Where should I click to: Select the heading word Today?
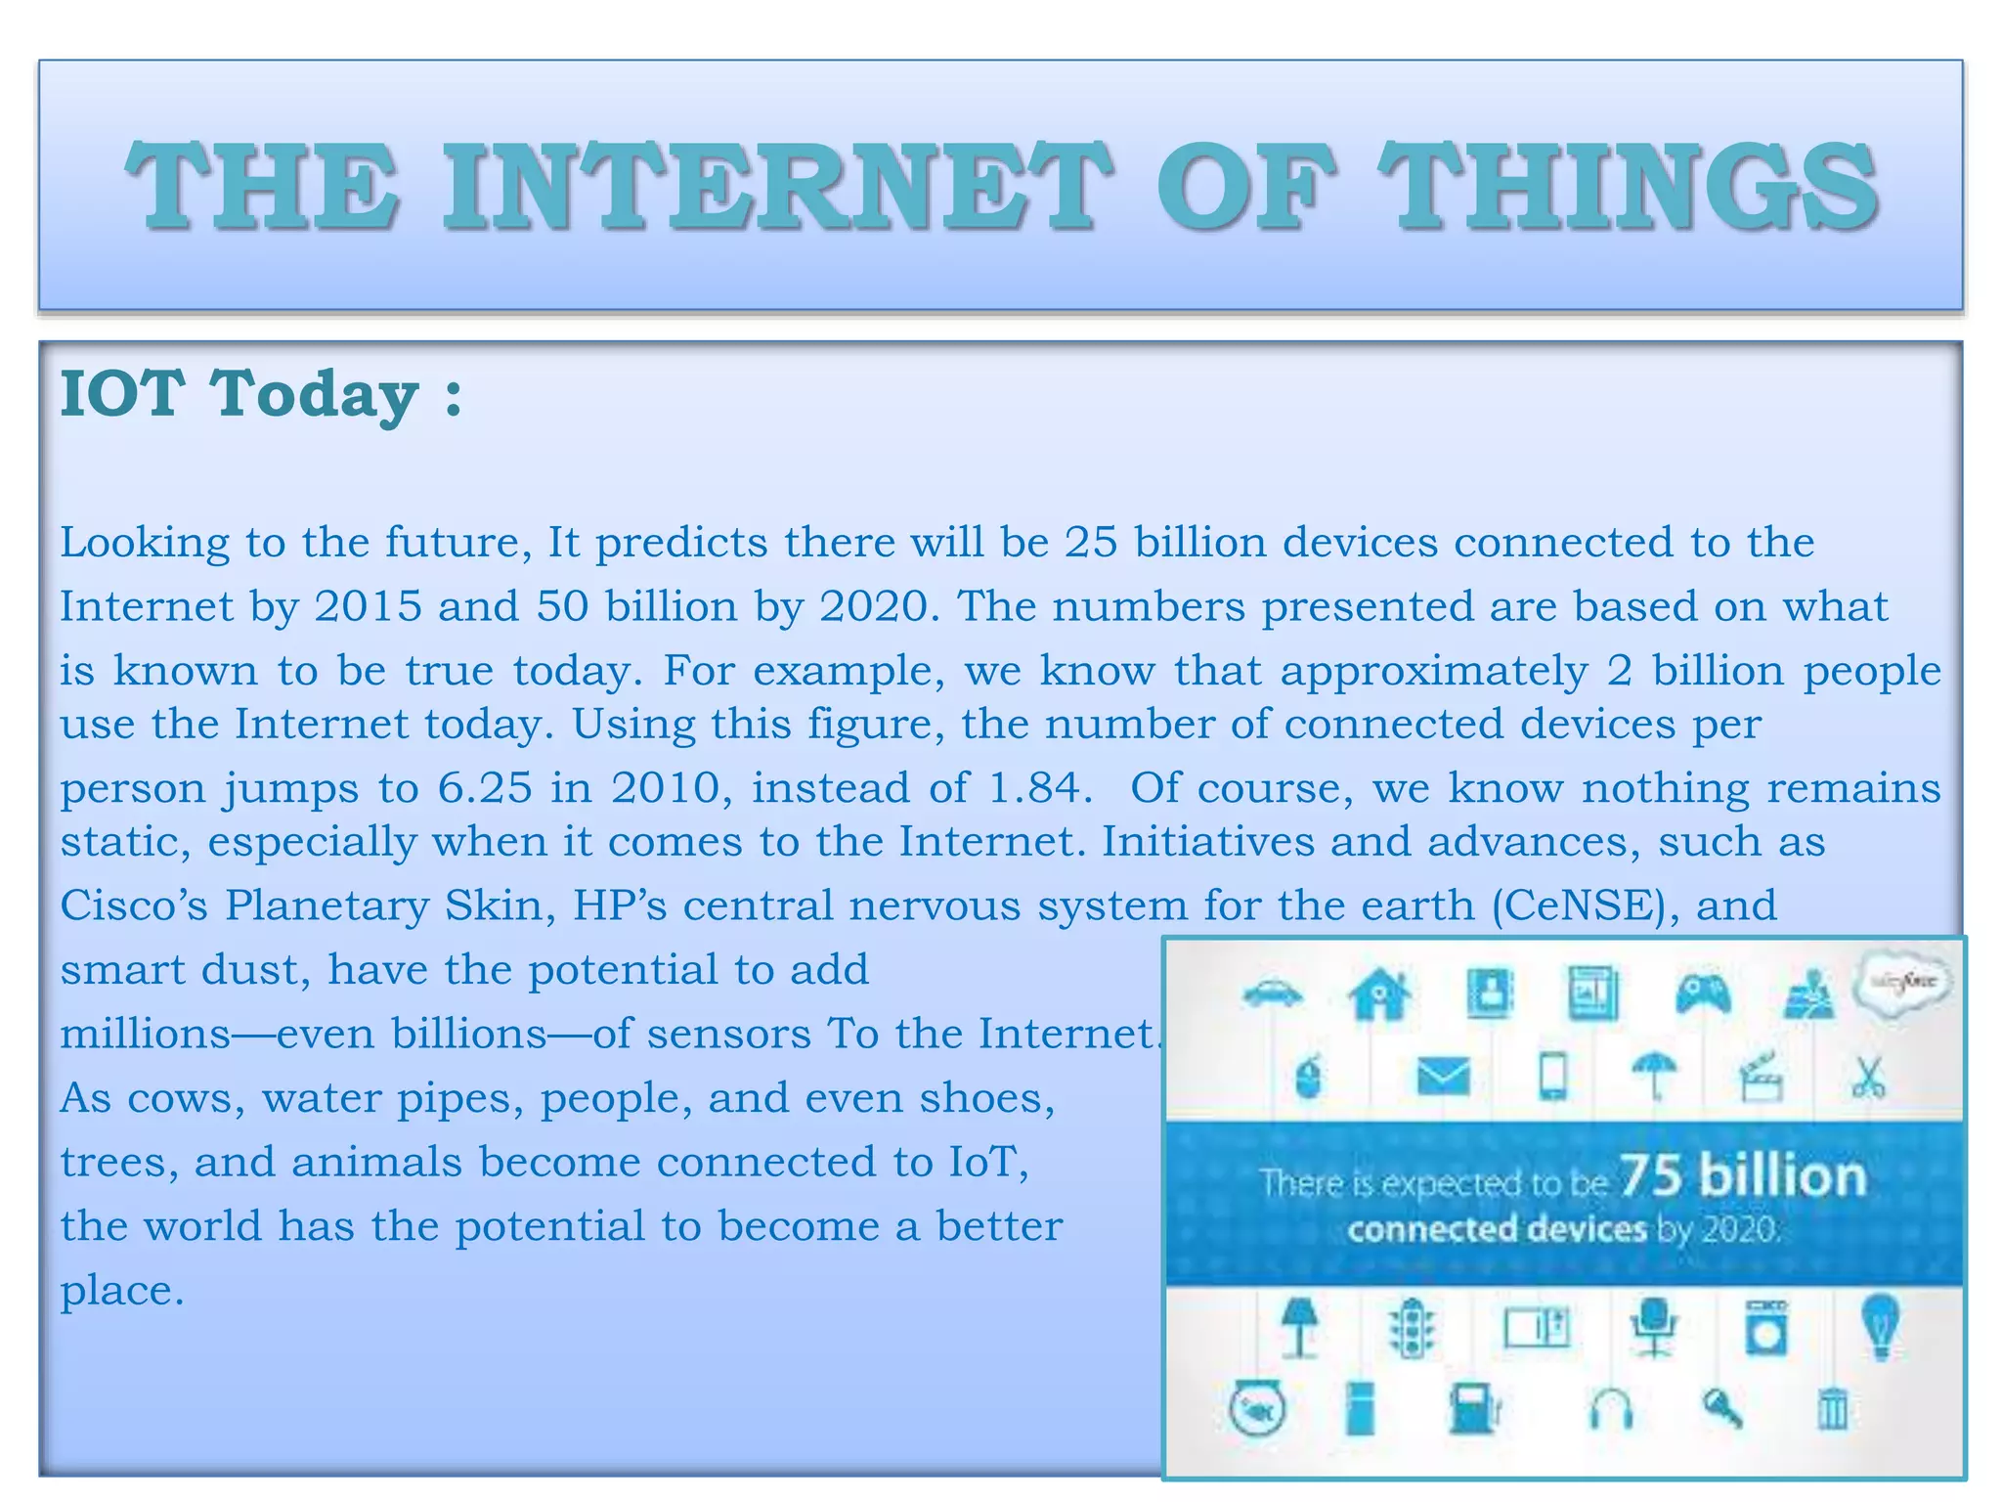pyautogui.click(x=315, y=394)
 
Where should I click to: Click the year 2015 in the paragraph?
pyautogui.click(x=369, y=606)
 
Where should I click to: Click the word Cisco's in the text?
pyautogui.click(x=134, y=906)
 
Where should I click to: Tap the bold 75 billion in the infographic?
pyautogui.click(x=1743, y=1175)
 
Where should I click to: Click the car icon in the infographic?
pyautogui.click(x=1272, y=994)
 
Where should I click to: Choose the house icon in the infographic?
pyautogui.click(x=1378, y=994)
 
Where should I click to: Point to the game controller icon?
pyautogui.click(x=1703, y=994)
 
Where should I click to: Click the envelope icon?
pyautogui.click(x=1443, y=1078)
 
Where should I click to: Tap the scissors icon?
pyautogui.click(x=1867, y=1078)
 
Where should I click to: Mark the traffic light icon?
pyautogui.click(x=1412, y=1328)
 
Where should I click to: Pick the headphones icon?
pyautogui.click(x=1610, y=1411)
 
